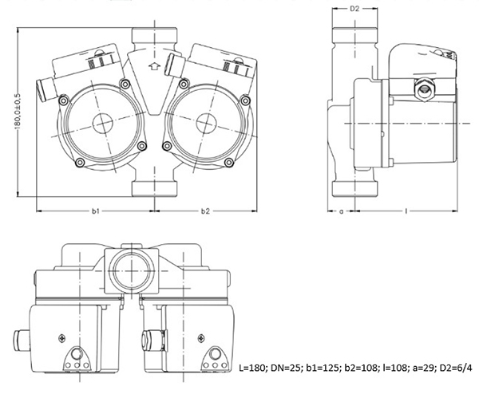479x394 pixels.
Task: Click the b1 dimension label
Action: [x=96, y=211]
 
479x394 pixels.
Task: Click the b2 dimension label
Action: [x=205, y=211]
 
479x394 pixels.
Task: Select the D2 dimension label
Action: [x=354, y=9]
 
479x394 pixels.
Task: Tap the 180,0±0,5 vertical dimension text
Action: [x=18, y=111]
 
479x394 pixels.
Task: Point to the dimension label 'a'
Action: [x=342, y=211]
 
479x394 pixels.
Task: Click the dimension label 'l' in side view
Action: [x=406, y=211]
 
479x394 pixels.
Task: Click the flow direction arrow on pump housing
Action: [x=154, y=66]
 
